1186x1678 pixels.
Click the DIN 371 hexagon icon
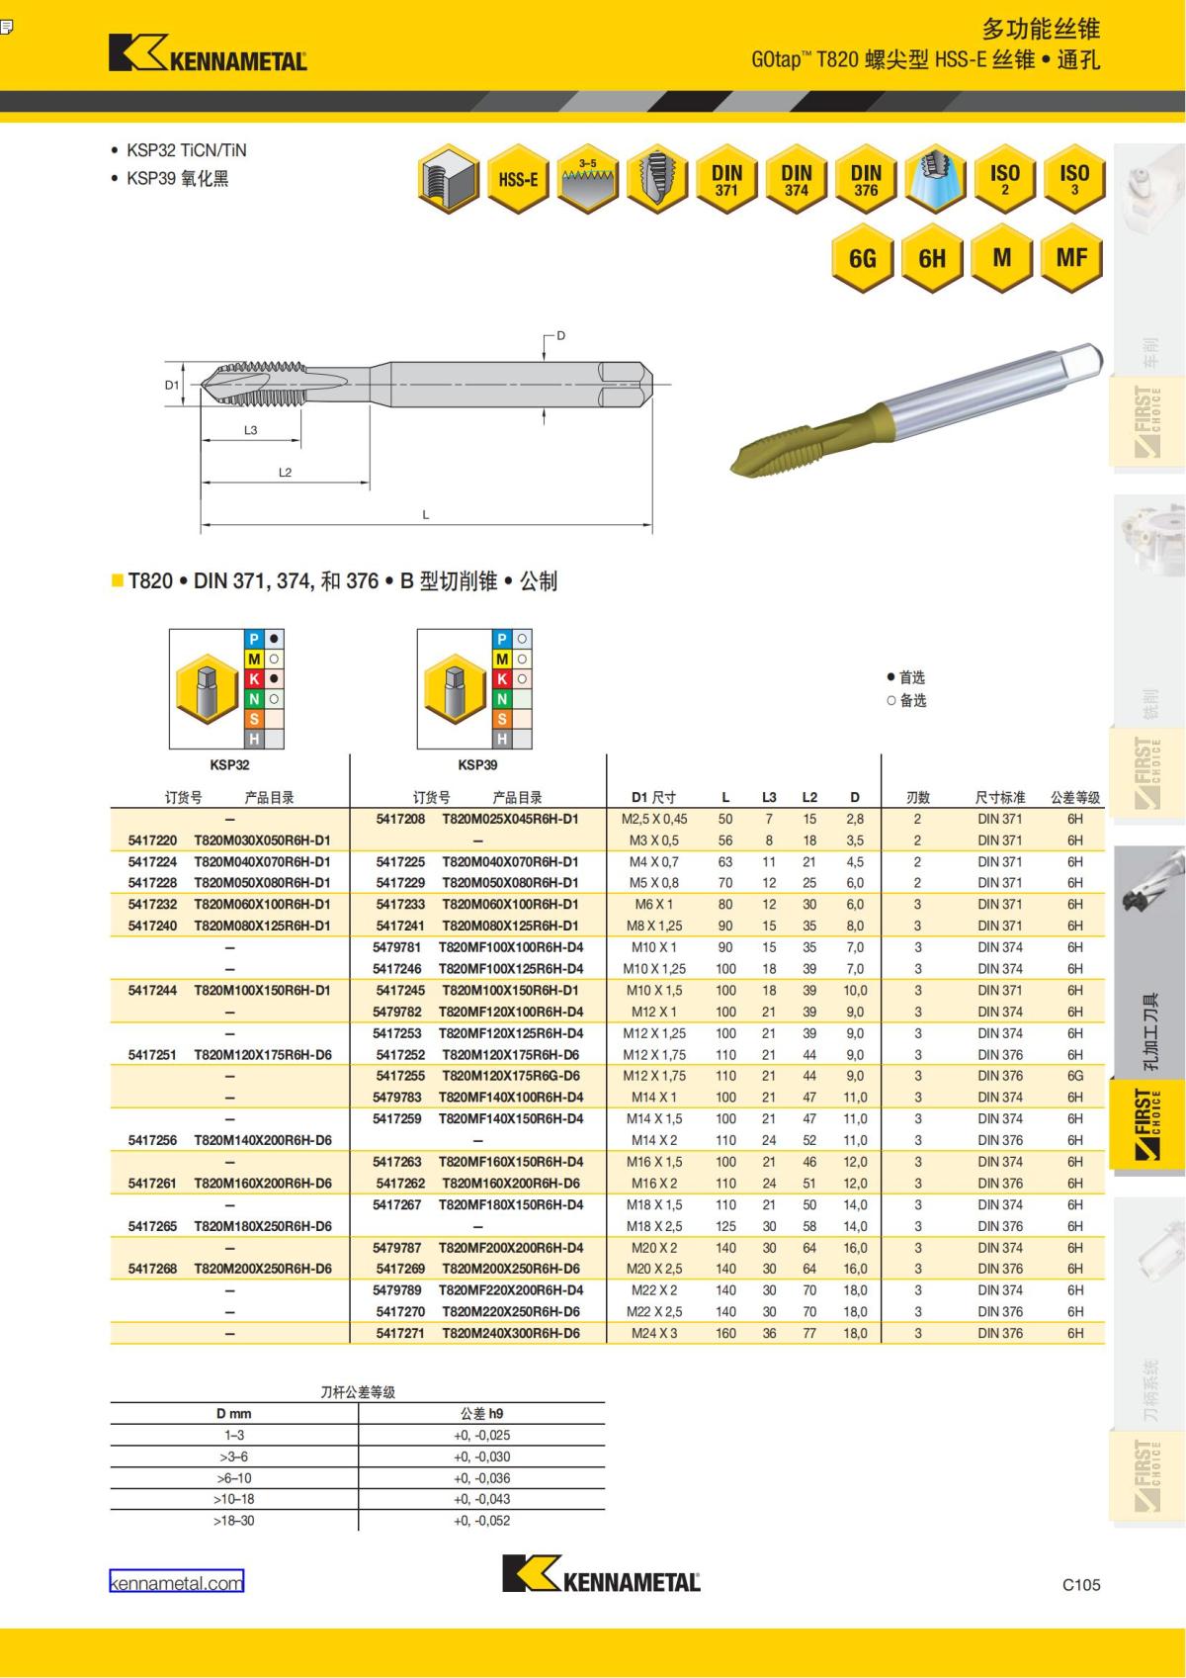(726, 179)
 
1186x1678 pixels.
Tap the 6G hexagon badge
(862, 258)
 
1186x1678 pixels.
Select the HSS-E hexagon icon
(518, 179)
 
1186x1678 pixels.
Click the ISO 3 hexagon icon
(1073, 179)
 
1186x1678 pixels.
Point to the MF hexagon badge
(1071, 258)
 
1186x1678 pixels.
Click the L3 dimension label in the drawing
(250, 430)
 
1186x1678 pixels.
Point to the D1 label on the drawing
(172, 385)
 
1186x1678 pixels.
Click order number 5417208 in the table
(400, 819)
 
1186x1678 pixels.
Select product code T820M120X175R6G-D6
(510, 1076)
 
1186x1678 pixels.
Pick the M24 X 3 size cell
(654, 1333)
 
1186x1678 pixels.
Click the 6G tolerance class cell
(1074, 1076)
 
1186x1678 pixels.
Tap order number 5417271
(400, 1333)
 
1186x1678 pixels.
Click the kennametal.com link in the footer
(176, 1583)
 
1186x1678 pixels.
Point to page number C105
(1081, 1584)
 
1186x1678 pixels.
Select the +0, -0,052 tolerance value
(481, 1521)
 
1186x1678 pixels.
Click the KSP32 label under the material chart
(229, 764)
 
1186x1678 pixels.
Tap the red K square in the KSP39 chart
(502, 679)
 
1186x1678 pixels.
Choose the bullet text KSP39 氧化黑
(177, 179)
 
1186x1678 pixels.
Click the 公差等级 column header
(1074, 797)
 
